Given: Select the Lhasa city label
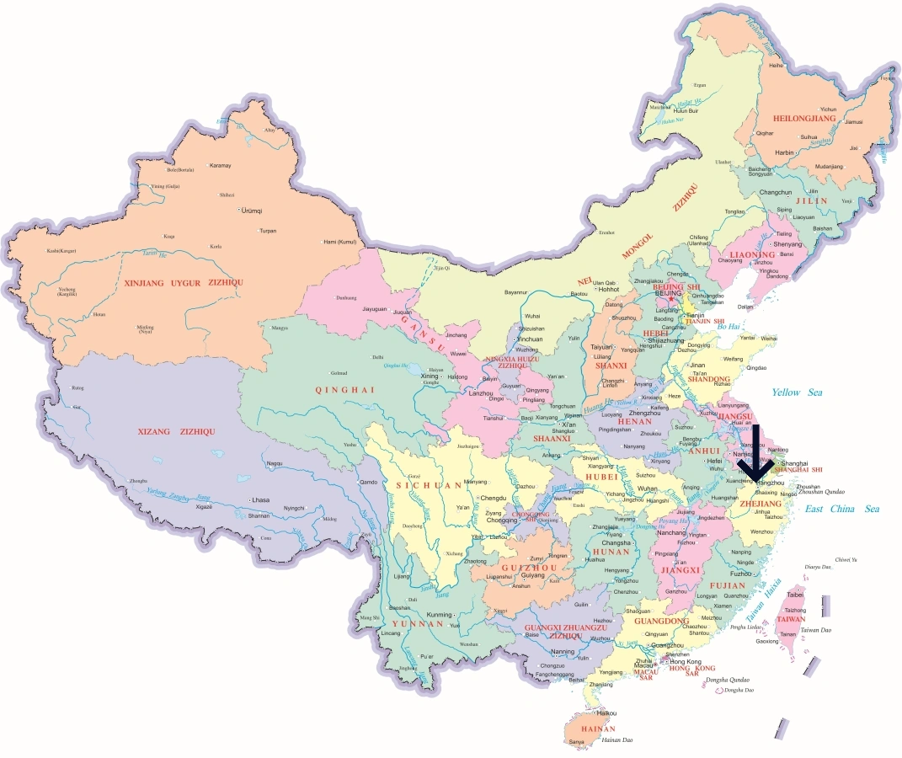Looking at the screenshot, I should pos(260,500).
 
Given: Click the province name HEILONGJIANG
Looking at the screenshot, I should pos(803,120).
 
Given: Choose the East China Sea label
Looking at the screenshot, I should pos(841,509).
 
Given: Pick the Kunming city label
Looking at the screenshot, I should pos(440,614).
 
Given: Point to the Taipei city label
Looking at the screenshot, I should pos(795,595).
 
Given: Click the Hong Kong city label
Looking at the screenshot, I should pos(686,662).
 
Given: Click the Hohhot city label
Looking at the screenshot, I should pos(608,289).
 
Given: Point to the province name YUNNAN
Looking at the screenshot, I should pos(417,624).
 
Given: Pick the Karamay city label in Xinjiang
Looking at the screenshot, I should pos(220,165).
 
